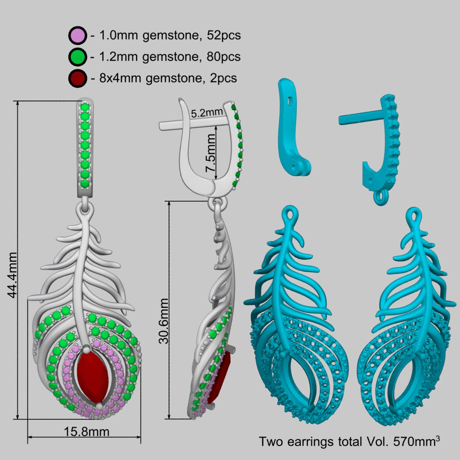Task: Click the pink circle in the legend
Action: point(78,35)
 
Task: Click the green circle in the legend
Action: point(78,57)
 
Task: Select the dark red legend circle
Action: point(78,78)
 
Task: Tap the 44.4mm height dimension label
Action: point(12,275)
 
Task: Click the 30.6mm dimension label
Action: point(164,321)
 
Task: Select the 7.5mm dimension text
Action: point(210,153)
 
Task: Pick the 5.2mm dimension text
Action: point(207,112)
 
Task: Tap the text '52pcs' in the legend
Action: point(224,35)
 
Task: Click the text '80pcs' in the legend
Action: point(224,57)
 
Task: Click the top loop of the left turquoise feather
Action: point(290,214)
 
